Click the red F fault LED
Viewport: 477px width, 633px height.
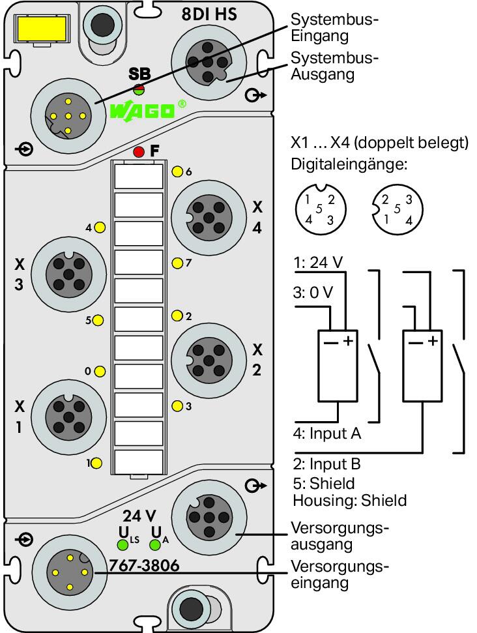coord(139,152)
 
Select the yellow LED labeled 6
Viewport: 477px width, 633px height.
coord(177,171)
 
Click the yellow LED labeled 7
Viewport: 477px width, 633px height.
coord(177,263)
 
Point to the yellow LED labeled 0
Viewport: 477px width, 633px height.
coord(100,371)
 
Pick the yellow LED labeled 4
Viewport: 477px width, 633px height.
coord(100,228)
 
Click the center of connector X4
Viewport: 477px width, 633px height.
coord(209,218)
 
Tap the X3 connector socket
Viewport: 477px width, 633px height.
coord(68,274)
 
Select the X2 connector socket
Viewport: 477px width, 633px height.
coord(209,360)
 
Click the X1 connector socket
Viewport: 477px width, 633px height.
coord(68,417)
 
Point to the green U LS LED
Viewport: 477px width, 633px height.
coord(123,545)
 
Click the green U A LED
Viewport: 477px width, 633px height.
coord(155,545)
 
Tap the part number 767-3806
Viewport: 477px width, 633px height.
coord(144,566)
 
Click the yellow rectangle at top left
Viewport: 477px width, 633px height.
coord(42,29)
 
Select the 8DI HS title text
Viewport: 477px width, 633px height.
coord(209,14)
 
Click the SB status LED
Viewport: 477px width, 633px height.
coord(139,89)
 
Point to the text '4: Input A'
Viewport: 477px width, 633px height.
coord(327,433)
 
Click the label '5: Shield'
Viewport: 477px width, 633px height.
coord(324,483)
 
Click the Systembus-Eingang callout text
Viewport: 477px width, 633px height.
coord(334,27)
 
